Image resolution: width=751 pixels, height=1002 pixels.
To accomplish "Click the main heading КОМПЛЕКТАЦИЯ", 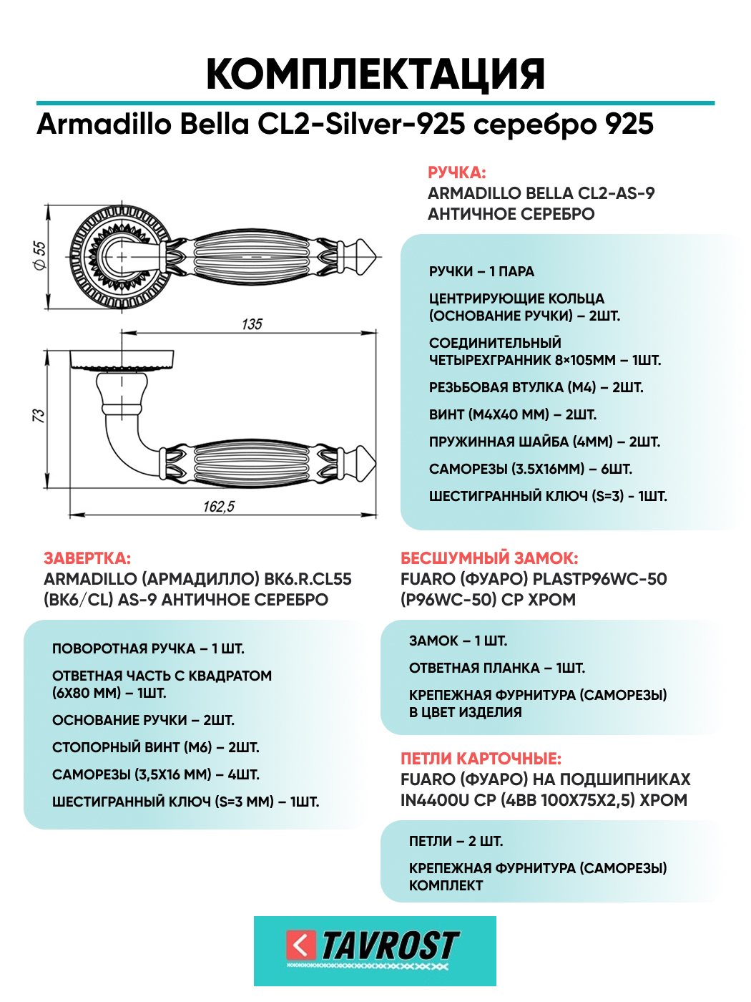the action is pos(375,74).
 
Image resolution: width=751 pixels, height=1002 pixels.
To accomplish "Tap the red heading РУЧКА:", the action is pos(457,172).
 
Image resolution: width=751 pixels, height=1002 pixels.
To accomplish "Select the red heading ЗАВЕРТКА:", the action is pos(87,558).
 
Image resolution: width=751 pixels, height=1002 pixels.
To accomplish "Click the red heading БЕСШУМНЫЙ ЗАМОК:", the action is pos(489,558).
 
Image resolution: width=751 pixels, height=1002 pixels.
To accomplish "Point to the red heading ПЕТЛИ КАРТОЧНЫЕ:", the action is pos(481,758).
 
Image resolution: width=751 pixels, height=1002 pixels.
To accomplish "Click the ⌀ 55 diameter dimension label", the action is pos(40,256).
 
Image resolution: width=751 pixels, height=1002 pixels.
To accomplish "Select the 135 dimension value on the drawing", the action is pos(252,324).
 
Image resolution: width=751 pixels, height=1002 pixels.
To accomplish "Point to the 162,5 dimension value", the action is pos(219,506).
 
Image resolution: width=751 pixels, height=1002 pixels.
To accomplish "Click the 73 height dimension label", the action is pos(39,415).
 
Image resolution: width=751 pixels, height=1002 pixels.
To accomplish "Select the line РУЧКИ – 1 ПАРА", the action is pos(481,271).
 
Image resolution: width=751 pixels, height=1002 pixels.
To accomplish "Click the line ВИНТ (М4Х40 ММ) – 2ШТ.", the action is pos(513,414).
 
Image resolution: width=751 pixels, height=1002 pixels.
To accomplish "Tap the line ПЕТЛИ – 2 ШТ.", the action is pos(456,841).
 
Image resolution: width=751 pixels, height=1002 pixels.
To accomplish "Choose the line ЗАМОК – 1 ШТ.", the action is pos(458,641).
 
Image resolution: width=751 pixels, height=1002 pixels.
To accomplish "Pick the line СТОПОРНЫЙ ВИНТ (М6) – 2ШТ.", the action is pos(155,747).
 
